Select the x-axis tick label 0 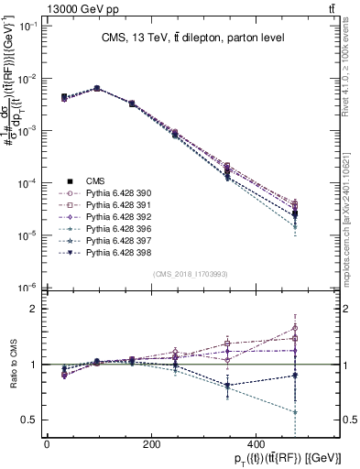[x=47, y=444]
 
